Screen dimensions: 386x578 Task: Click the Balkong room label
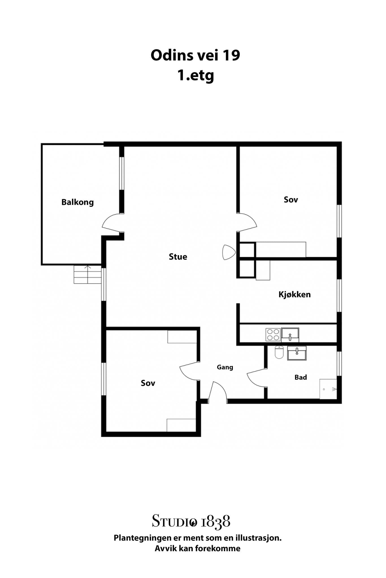[77, 202]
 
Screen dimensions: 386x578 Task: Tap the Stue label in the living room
[178, 257]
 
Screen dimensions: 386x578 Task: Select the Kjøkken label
[294, 294]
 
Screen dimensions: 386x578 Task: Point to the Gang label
[225, 367]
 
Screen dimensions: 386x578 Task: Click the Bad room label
[301, 377]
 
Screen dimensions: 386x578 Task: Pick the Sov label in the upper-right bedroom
[291, 200]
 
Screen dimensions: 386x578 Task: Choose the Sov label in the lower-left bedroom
[148, 383]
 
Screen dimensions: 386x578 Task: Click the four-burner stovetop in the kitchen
[273, 335]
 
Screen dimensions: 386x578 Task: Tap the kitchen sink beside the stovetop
[290, 335]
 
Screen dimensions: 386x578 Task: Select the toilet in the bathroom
[279, 352]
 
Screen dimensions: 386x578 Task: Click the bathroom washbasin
[297, 353]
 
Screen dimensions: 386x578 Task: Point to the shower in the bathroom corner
[328, 389]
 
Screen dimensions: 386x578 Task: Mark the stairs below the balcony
[88, 274]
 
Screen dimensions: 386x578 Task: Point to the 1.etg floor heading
[196, 75]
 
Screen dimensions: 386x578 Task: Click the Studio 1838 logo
[191, 521]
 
